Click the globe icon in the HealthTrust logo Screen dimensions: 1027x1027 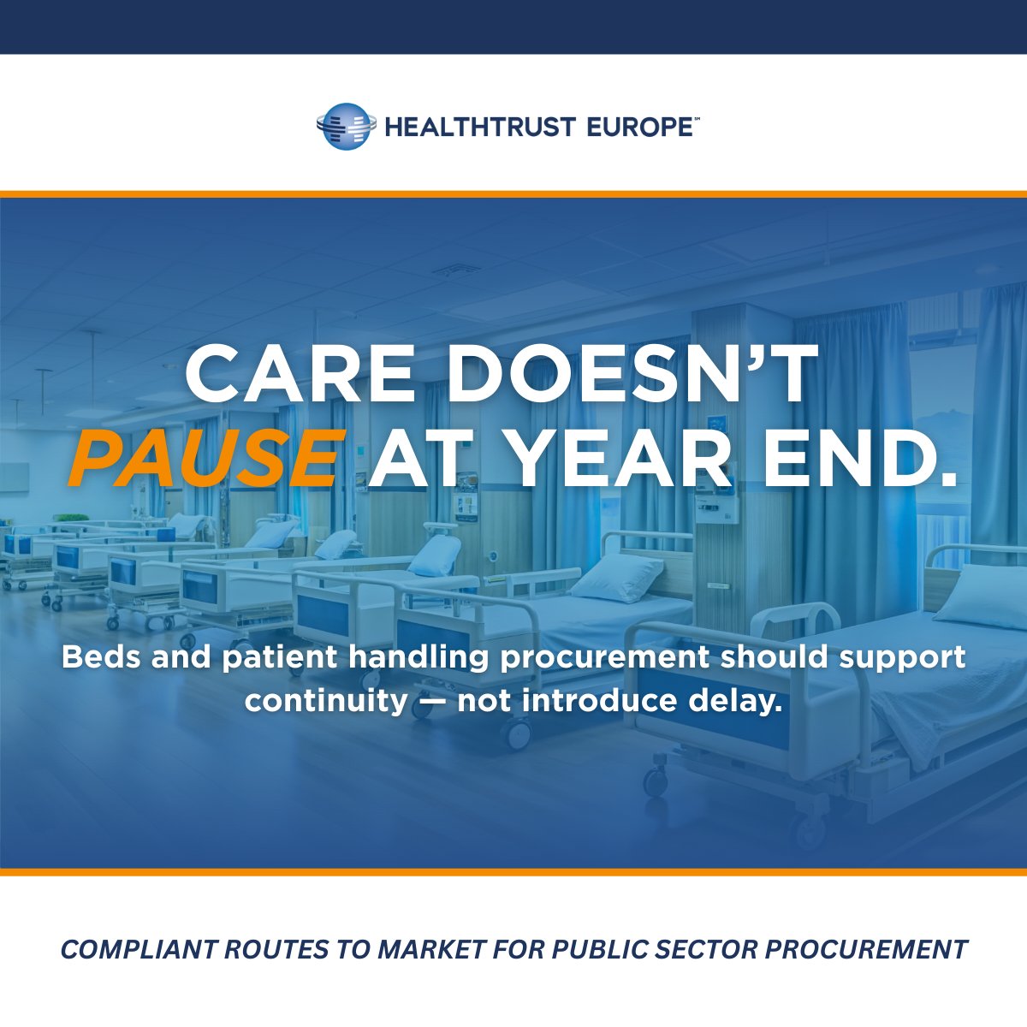[345, 127]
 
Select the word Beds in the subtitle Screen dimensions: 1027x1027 [96, 657]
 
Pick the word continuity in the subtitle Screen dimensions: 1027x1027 [325, 700]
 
